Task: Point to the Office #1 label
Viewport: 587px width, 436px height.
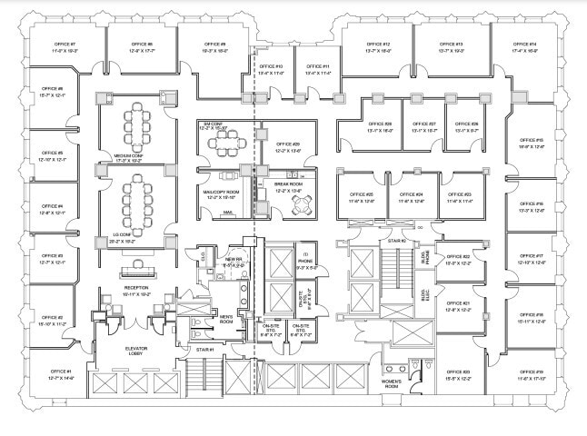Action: click(x=61, y=372)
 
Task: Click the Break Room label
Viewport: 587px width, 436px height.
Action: click(x=291, y=183)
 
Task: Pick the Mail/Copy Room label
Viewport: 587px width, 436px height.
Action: click(x=221, y=192)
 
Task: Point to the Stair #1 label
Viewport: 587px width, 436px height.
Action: click(x=204, y=349)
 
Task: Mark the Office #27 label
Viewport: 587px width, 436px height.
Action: click(x=424, y=124)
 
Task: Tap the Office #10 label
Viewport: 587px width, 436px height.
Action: click(x=271, y=66)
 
